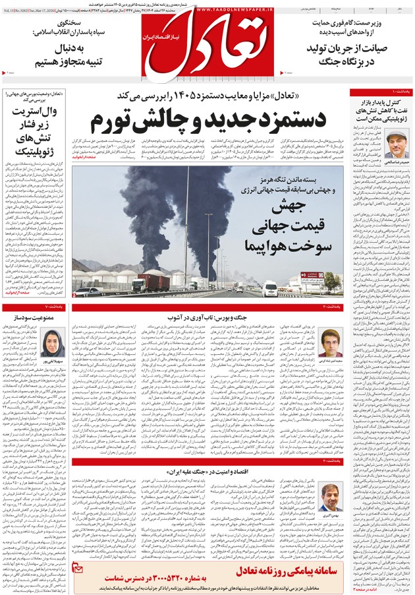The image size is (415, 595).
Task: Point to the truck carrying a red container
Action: click(x=151, y=282)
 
